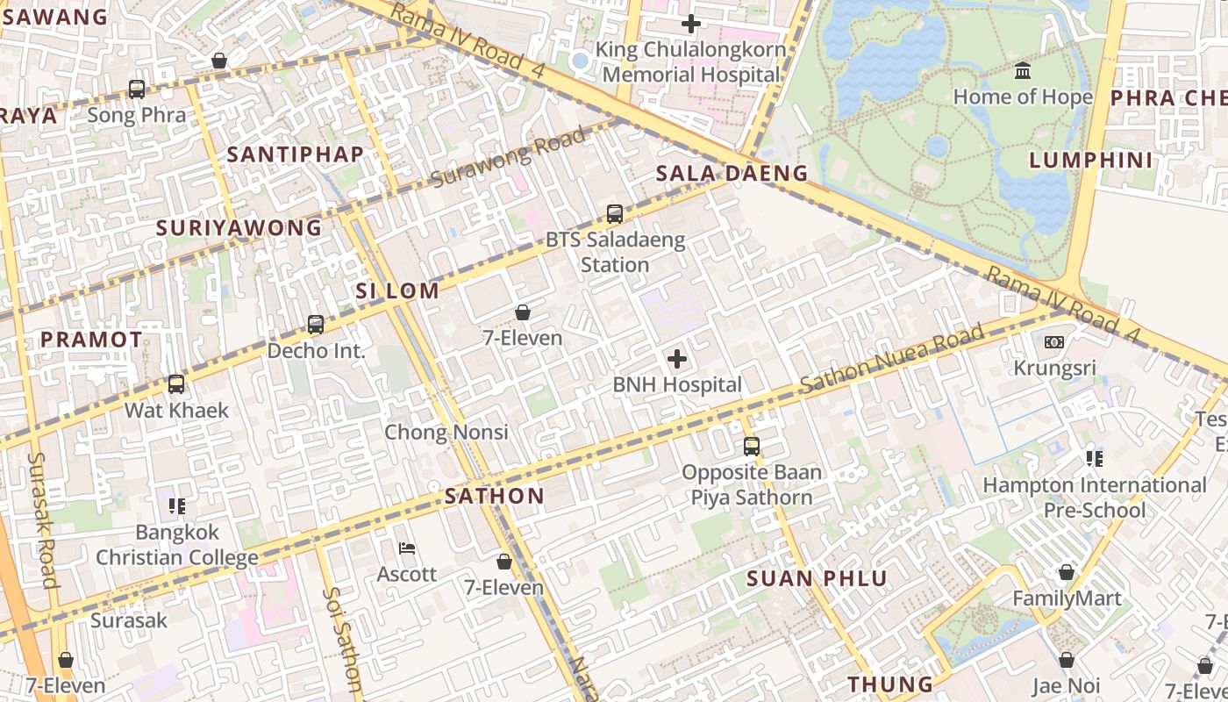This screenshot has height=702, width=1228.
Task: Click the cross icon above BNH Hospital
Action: pos(677,358)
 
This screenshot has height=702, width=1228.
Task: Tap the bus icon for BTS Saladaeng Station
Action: pos(614,213)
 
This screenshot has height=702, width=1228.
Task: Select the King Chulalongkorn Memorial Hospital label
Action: pos(690,62)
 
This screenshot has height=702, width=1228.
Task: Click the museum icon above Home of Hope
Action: pos(1023,70)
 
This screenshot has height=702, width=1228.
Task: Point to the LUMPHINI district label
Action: pos(1090,160)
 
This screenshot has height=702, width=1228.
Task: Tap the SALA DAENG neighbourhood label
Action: pos(732,173)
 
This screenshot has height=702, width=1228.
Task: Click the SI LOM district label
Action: pos(397,291)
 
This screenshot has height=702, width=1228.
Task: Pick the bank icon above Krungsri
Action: pos(1054,341)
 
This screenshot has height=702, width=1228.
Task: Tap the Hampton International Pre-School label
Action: pos(1094,498)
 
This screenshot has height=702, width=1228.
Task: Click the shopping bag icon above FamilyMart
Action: pos(1066,572)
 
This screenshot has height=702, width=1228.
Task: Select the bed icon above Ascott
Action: pos(406,548)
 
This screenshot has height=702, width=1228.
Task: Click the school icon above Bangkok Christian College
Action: pos(177,505)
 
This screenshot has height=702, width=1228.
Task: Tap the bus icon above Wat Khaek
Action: pos(176,383)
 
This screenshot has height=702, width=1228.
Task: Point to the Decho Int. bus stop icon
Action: pos(316,324)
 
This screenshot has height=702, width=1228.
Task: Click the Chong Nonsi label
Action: pos(446,432)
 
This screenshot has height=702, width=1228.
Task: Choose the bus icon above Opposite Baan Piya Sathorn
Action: pos(752,446)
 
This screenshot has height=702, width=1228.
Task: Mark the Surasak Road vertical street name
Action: pos(43,519)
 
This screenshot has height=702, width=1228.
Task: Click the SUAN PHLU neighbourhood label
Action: pos(817,578)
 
